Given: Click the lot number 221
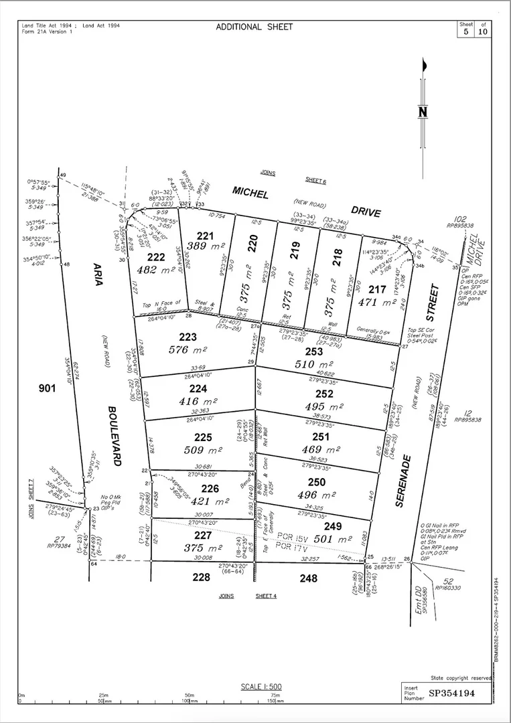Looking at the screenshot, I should point(204,235).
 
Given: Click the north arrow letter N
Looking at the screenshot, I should point(423,112).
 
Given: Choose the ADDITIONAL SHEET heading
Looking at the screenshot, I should point(254,27).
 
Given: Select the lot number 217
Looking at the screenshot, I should point(377,289).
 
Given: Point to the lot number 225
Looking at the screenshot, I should point(203,437).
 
